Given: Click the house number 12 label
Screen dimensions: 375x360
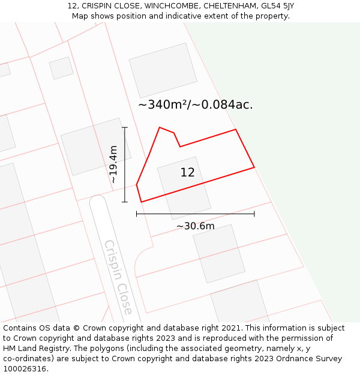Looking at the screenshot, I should click(187, 173).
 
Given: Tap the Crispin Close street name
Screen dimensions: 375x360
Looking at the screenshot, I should click(118, 277).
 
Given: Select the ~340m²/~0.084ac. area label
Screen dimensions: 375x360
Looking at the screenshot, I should click(196, 105).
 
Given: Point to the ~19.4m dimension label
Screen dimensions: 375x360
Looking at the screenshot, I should click(113, 164).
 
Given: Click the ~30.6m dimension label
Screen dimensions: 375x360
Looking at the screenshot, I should click(195, 226).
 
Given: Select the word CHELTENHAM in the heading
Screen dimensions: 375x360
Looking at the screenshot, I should click(230, 6).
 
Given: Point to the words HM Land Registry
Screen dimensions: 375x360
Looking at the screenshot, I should click(36, 349).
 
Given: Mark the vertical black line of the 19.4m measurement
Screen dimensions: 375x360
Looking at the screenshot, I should click(125, 164).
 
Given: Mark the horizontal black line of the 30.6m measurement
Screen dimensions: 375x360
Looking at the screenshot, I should click(195, 214).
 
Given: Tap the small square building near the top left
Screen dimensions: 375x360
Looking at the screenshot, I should click(61, 68).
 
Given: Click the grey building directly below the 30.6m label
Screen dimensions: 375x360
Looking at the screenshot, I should click(218, 253).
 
